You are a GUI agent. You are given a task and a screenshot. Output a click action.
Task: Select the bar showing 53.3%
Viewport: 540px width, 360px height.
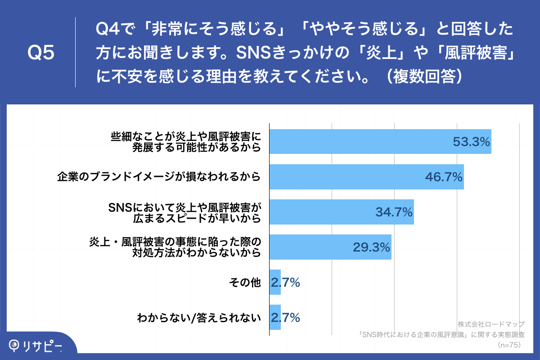pos(360,141)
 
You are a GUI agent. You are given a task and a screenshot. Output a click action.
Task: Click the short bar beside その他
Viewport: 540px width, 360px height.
pos(275,282)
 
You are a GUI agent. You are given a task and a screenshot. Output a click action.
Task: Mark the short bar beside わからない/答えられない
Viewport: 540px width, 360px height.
pos(275,317)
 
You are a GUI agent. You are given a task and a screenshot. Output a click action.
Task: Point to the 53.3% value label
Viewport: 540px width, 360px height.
pos(471,142)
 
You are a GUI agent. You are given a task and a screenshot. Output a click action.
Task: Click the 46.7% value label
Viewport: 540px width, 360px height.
pos(444,177)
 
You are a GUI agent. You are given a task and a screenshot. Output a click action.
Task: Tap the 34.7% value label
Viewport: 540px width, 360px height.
pos(394,212)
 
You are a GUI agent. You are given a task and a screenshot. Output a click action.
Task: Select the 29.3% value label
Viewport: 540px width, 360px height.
pos(371,247)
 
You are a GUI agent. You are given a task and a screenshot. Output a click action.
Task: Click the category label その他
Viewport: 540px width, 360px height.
pos(245,283)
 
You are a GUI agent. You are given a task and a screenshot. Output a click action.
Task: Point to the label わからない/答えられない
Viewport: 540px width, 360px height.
pos(199,318)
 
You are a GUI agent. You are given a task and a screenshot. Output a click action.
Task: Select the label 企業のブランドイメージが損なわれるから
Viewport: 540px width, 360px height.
pos(159,177)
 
